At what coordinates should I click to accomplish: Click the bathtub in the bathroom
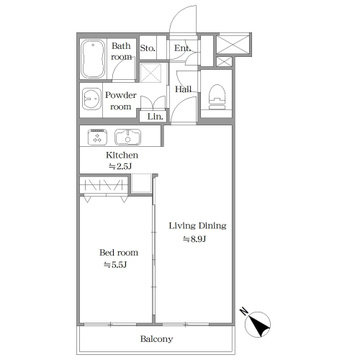pyautogui.click(x=93, y=59)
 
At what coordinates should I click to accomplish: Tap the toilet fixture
pyautogui.click(x=217, y=97)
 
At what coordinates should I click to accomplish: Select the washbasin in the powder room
pyautogui.click(x=91, y=99)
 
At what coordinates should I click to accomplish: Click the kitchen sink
pyautogui.click(x=128, y=137)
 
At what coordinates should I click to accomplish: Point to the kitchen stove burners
pyautogui.click(x=97, y=137)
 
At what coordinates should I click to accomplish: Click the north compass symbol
pyautogui.click(x=257, y=323)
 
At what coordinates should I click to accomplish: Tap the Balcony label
pyautogui.click(x=156, y=339)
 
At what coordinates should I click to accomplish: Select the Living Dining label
pyautogui.click(x=198, y=226)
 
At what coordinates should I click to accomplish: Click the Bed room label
pyautogui.click(x=119, y=252)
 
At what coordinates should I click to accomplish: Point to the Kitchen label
pyautogui.click(x=122, y=155)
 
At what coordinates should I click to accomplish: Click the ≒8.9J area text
pyautogui.click(x=193, y=239)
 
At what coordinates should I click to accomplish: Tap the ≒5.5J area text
pyautogui.click(x=116, y=265)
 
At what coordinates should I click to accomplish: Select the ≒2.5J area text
pyautogui.click(x=120, y=167)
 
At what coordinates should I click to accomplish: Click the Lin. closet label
pyautogui.click(x=155, y=117)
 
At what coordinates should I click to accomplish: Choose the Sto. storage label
pyautogui.click(x=148, y=48)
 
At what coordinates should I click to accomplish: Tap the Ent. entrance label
pyautogui.click(x=183, y=48)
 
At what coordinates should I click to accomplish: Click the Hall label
pyautogui.click(x=183, y=89)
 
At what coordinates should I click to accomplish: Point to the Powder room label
pyautogui.click(x=121, y=101)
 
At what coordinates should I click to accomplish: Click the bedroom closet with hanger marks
pyautogui.click(x=103, y=185)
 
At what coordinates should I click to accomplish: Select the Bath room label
pyautogui.click(x=121, y=51)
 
